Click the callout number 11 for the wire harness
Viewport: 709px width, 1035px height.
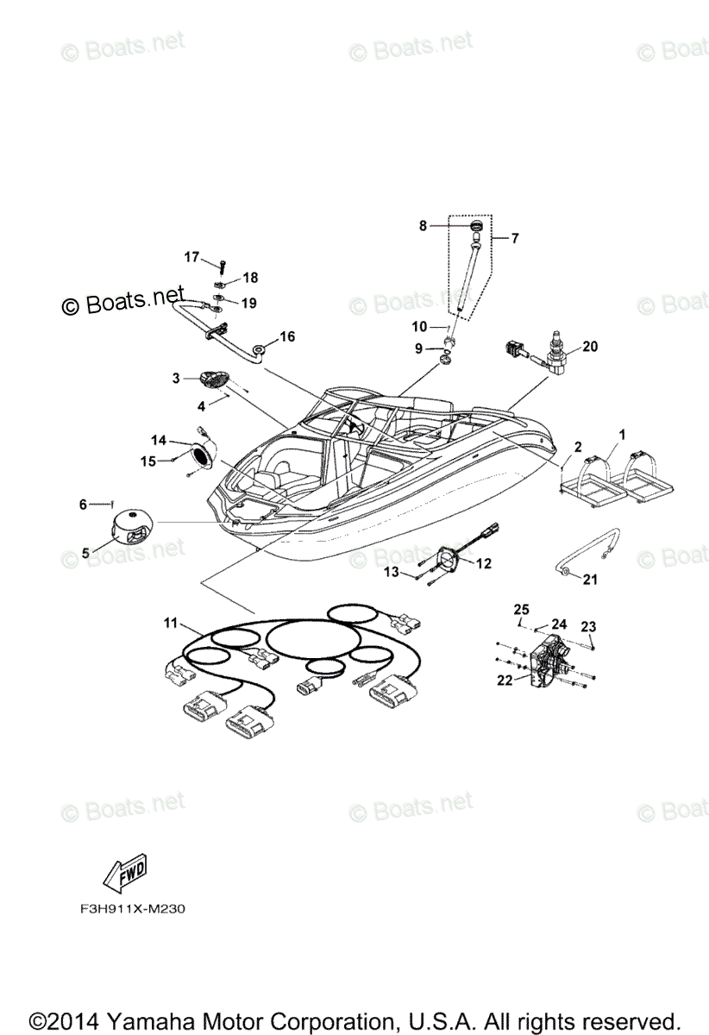click(173, 622)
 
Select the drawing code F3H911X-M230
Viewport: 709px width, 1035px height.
click(128, 909)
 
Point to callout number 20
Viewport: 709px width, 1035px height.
click(590, 347)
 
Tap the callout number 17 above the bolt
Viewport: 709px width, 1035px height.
click(191, 256)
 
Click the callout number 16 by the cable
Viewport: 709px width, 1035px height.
click(286, 336)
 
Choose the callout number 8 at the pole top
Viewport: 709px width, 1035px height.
click(424, 226)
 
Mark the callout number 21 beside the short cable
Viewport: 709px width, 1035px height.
click(590, 580)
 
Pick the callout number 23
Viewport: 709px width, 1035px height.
click(587, 626)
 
